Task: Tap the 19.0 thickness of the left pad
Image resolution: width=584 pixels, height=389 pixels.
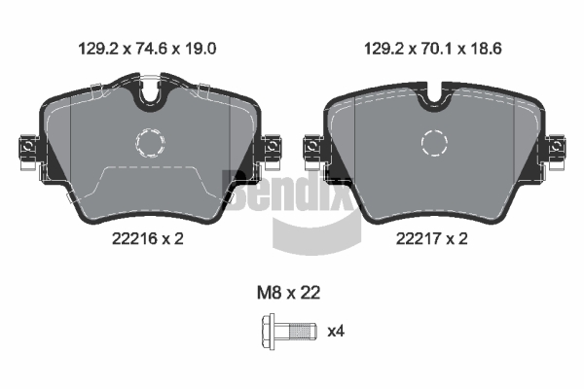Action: click(x=201, y=49)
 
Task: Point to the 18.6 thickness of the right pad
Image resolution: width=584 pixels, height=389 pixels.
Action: click(x=486, y=49)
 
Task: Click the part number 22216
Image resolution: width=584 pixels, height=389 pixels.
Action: click(x=135, y=238)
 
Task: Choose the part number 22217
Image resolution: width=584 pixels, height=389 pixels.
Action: click(x=419, y=238)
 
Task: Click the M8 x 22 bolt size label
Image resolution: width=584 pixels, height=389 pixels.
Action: click(x=288, y=293)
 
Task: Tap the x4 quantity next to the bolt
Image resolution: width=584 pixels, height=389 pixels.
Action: click(x=336, y=331)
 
